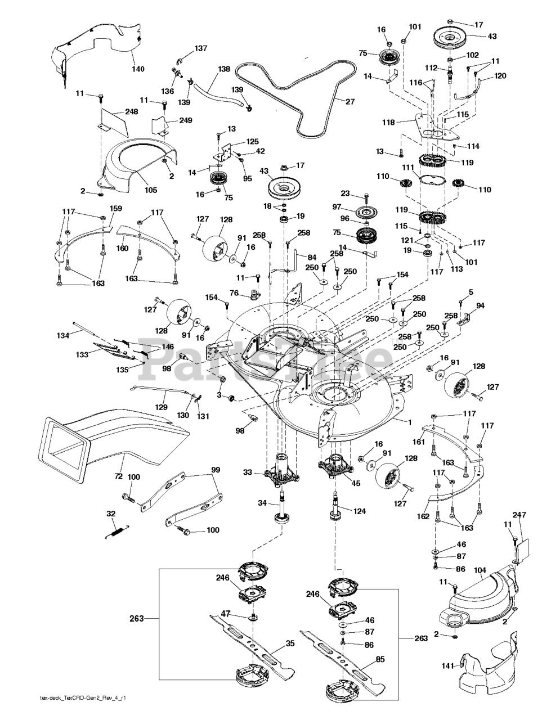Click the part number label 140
[138, 69]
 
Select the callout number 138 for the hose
[224, 70]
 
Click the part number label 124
[360, 511]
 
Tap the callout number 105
[150, 190]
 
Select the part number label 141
[447, 666]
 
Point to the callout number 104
[480, 570]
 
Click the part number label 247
[519, 515]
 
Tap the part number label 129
[162, 407]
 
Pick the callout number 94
[480, 306]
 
